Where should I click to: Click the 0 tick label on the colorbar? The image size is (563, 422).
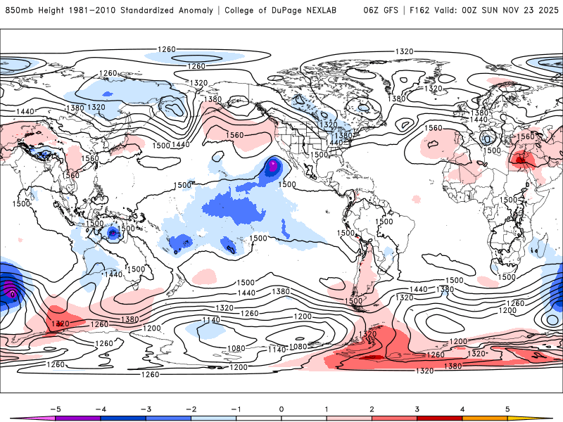click(281, 408)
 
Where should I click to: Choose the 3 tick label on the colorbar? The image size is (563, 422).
click(418, 408)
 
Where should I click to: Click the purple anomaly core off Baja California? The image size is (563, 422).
click(273, 166)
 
